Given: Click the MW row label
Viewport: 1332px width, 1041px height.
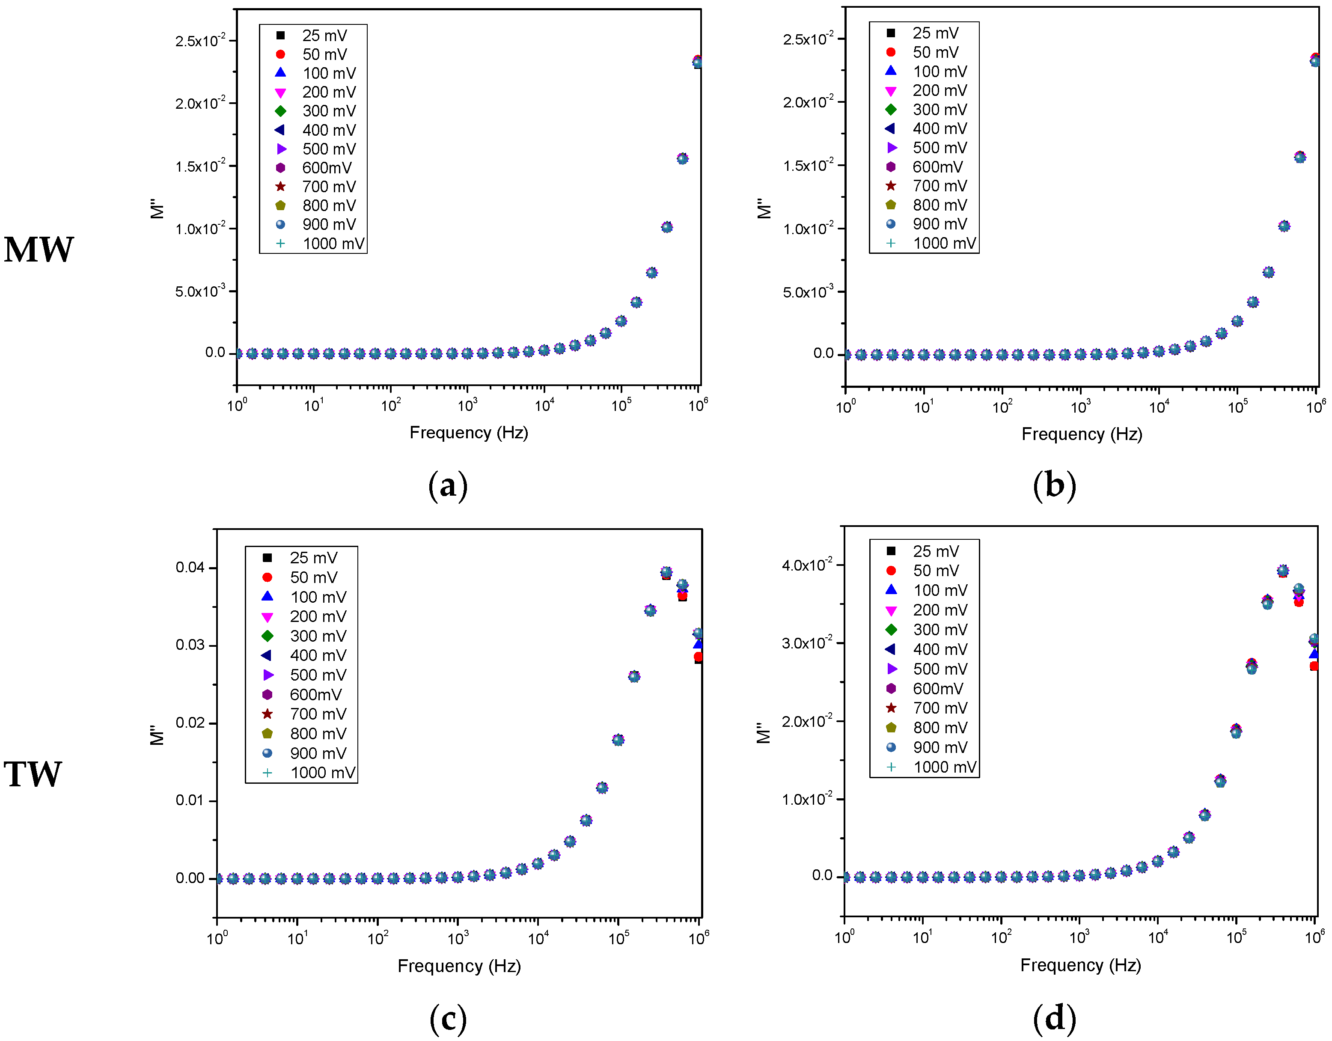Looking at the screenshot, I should pos(39,250).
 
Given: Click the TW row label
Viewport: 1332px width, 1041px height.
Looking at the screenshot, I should pos(33,774).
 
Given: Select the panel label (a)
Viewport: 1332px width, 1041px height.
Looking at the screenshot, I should pos(448,486).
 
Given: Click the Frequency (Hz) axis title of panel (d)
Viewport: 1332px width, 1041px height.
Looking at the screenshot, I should pos(1080,965).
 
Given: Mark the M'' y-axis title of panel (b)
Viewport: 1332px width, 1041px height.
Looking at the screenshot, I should pos(764,208).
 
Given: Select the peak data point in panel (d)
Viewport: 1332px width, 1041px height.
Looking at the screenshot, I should pos(1283,571).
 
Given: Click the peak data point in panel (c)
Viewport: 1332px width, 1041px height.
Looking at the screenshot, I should pos(666,573).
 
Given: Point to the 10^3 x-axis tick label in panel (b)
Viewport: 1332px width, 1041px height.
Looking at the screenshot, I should pos(1080,406).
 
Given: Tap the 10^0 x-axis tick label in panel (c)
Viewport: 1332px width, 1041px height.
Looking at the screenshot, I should pos(217,938).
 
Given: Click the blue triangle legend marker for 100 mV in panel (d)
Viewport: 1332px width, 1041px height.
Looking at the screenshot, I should pos(891,590).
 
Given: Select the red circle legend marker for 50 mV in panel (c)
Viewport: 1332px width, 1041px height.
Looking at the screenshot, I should pos(267,577).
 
